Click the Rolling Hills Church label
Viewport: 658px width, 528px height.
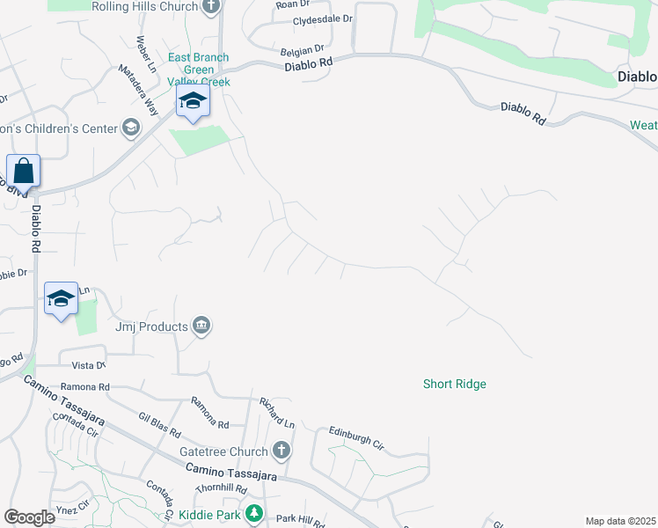pos(145,6)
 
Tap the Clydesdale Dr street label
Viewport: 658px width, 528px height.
pos(322,18)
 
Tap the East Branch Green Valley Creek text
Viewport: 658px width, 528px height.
pos(199,70)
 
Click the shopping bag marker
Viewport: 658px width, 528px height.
pos(23,171)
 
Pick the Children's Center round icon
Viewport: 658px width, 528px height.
pos(131,128)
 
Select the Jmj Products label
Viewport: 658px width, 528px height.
pos(152,326)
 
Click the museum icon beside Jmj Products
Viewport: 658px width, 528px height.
pos(202,326)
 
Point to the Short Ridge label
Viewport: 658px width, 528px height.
pos(454,384)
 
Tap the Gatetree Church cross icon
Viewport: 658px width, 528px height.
pos(281,451)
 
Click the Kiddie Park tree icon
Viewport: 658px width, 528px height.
pos(253,512)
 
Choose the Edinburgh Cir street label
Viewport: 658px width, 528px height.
pos(356,437)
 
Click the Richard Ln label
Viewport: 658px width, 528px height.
pos(275,409)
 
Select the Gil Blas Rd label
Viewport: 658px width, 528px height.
pos(159,424)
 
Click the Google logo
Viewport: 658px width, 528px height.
pos(29,517)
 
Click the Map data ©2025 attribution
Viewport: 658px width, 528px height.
pos(619,521)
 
